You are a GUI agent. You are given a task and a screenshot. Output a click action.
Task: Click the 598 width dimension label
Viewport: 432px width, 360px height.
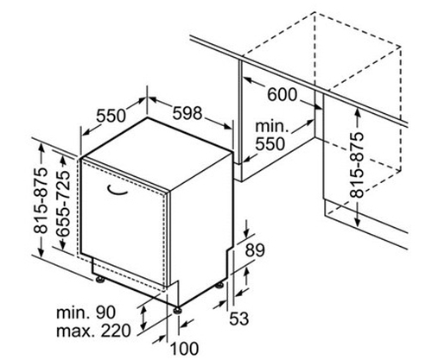[x=187, y=113]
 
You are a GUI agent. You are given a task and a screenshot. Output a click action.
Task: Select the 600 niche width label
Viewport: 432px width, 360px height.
[x=282, y=95]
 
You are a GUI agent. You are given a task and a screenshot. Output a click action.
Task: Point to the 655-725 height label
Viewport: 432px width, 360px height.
[x=63, y=204]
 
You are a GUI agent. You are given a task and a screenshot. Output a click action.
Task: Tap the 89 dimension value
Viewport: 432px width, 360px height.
[x=255, y=250]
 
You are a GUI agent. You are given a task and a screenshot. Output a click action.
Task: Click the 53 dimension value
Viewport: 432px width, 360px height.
[x=238, y=319]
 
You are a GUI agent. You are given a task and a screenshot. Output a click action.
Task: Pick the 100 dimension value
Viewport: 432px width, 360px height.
[x=185, y=349]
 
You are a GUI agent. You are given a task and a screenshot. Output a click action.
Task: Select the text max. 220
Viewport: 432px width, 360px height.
[x=93, y=332]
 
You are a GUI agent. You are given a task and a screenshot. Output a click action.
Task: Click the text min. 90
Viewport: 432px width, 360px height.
[x=86, y=313]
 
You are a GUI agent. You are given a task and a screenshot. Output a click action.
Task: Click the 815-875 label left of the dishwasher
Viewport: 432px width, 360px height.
[x=40, y=199]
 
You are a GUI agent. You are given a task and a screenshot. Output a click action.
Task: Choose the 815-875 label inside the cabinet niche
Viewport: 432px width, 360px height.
[x=357, y=165]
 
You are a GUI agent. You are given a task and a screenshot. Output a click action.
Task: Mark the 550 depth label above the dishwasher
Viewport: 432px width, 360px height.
[x=111, y=116]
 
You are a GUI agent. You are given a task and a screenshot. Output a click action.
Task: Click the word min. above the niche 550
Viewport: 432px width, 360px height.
[x=272, y=126]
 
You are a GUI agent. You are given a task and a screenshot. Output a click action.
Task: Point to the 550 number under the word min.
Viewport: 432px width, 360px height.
[x=270, y=144]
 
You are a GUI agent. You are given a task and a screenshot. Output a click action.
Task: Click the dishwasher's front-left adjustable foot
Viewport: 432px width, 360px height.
[x=100, y=280]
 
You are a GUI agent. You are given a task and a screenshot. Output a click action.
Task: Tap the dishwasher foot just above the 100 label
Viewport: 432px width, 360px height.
[x=177, y=311]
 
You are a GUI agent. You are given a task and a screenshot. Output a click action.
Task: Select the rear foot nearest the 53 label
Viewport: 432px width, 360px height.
[x=219, y=285]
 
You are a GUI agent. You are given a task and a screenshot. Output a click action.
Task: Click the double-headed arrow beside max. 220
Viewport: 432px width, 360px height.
[x=143, y=318]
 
